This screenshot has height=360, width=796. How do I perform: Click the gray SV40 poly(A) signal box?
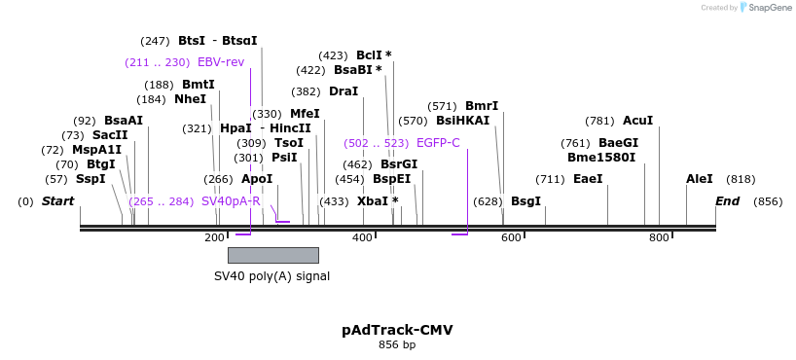tap(272, 255)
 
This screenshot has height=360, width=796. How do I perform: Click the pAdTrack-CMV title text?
tap(397, 330)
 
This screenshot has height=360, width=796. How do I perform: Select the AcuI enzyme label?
tap(637, 121)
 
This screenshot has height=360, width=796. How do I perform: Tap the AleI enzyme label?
tap(699, 179)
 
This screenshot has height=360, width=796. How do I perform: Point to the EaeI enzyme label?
tap(588, 179)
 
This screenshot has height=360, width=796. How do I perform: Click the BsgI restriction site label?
tap(525, 201)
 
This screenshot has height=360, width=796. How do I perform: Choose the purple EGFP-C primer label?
tap(438, 142)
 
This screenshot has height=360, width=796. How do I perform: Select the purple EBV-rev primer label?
tap(221, 62)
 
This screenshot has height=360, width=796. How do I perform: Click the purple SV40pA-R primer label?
tap(231, 201)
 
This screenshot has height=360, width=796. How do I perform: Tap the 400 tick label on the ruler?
tap(362, 238)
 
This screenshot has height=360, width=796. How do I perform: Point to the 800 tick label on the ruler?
tap(659, 238)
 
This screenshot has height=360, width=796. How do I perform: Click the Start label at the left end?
tap(57, 201)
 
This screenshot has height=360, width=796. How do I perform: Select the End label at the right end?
tap(727, 201)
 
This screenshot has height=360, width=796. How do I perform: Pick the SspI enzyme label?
tap(90, 179)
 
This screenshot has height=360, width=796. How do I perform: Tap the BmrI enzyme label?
tap(482, 106)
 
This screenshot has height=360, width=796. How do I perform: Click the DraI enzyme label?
tap(344, 91)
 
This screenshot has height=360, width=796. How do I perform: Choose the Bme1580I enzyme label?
tap(601, 158)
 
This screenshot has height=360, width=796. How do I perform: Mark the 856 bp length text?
tap(397, 345)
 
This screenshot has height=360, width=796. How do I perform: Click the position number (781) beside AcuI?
tap(599, 121)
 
